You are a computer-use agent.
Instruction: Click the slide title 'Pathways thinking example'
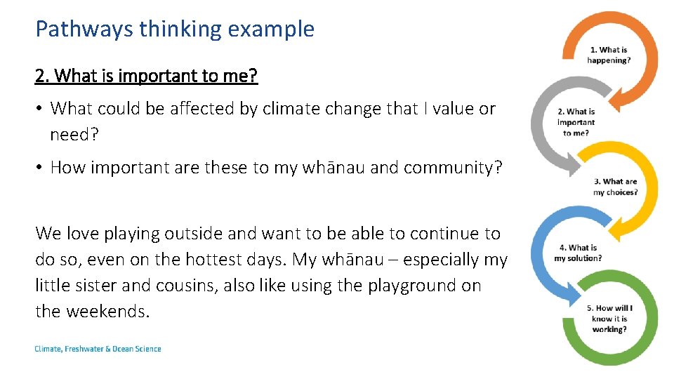[x=175, y=29]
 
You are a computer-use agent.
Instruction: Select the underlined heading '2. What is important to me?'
[x=147, y=76]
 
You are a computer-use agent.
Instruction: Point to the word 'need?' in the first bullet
[x=74, y=134]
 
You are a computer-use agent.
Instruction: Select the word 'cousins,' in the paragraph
[x=187, y=286]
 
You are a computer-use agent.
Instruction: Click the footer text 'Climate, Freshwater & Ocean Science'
[x=98, y=349]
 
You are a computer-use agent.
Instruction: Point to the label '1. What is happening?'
[x=609, y=55]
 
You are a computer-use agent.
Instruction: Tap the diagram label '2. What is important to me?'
[x=576, y=122]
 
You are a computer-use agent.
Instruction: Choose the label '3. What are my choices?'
[x=615, y=187]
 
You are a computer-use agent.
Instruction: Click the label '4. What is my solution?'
[x=578, y=253]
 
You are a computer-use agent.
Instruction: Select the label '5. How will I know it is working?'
[x=609, y=319]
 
